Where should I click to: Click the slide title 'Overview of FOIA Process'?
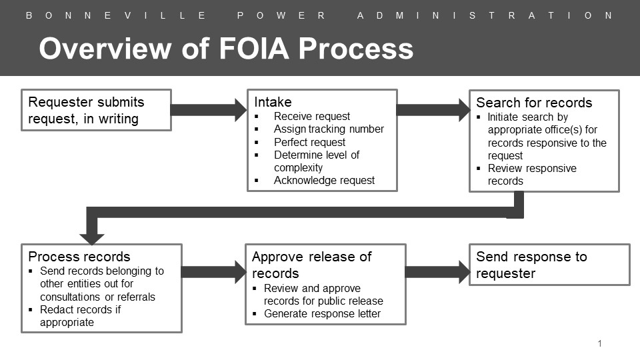tap(226, 49)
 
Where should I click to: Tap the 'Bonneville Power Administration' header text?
tap(319, 15)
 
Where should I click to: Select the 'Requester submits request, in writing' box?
tap(96, 110)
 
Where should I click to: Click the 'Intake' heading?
tap(273, 102)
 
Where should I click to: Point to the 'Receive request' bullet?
tap(311, 116)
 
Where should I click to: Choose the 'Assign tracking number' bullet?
tap(329, 129)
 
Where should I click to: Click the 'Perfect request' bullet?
tap(309, 142)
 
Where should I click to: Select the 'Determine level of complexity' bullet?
tap(316, 161)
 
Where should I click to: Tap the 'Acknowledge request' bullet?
tap(324, 180)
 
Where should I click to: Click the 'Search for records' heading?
tap(534, 103)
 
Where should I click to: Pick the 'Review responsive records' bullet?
tap(531, 175)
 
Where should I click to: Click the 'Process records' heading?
tap(79, 257)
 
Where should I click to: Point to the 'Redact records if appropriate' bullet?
tap(80, 316)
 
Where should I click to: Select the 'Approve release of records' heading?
tap(311, 265)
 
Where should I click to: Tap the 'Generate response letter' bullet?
tap(322, 313)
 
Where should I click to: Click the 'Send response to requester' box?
tap(549, 265)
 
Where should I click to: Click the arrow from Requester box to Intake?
tap(209, 109)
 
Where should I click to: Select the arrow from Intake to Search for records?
tap(433, 109)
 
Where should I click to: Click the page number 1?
tap(600, 343)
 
